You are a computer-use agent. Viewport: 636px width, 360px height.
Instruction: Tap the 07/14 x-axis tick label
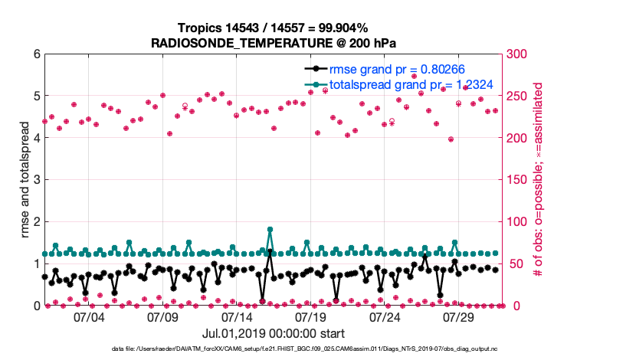[237, 316]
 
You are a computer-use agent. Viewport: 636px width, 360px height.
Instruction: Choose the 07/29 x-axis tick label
[459, 316]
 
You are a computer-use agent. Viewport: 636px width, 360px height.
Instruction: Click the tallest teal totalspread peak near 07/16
[270, 229]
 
